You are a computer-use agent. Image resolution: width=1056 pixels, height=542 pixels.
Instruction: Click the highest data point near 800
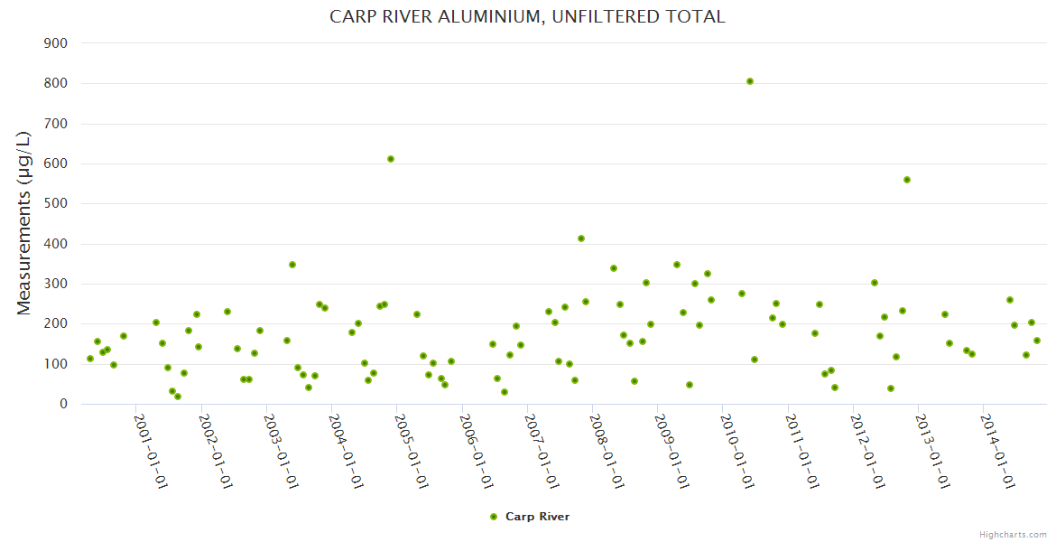click(750, 81)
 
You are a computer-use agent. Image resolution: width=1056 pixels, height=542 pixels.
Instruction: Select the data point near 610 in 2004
click(391, 159)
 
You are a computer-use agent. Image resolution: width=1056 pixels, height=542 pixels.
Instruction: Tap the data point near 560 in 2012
click(907, 180)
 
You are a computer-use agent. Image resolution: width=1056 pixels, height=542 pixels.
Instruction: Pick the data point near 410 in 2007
click(581, 238)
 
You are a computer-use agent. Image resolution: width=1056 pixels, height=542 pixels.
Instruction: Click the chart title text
click(527, 16)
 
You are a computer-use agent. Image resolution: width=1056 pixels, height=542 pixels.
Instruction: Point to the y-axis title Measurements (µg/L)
click(24, 223)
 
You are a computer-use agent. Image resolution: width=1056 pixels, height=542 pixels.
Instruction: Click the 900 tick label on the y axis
click(56, 42)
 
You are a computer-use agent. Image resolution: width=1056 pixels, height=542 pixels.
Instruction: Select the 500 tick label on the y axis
click(56, 203)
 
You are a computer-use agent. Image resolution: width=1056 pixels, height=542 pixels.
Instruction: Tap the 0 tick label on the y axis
click(64, 404)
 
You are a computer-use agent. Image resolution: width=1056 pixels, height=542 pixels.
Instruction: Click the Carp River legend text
click(537, 517)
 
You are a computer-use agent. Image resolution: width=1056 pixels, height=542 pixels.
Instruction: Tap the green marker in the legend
click(493, 517)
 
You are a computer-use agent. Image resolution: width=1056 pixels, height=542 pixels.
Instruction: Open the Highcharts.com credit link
click(1013, 534)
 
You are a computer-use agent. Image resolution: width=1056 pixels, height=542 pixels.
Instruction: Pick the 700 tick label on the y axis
click(56, 123)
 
